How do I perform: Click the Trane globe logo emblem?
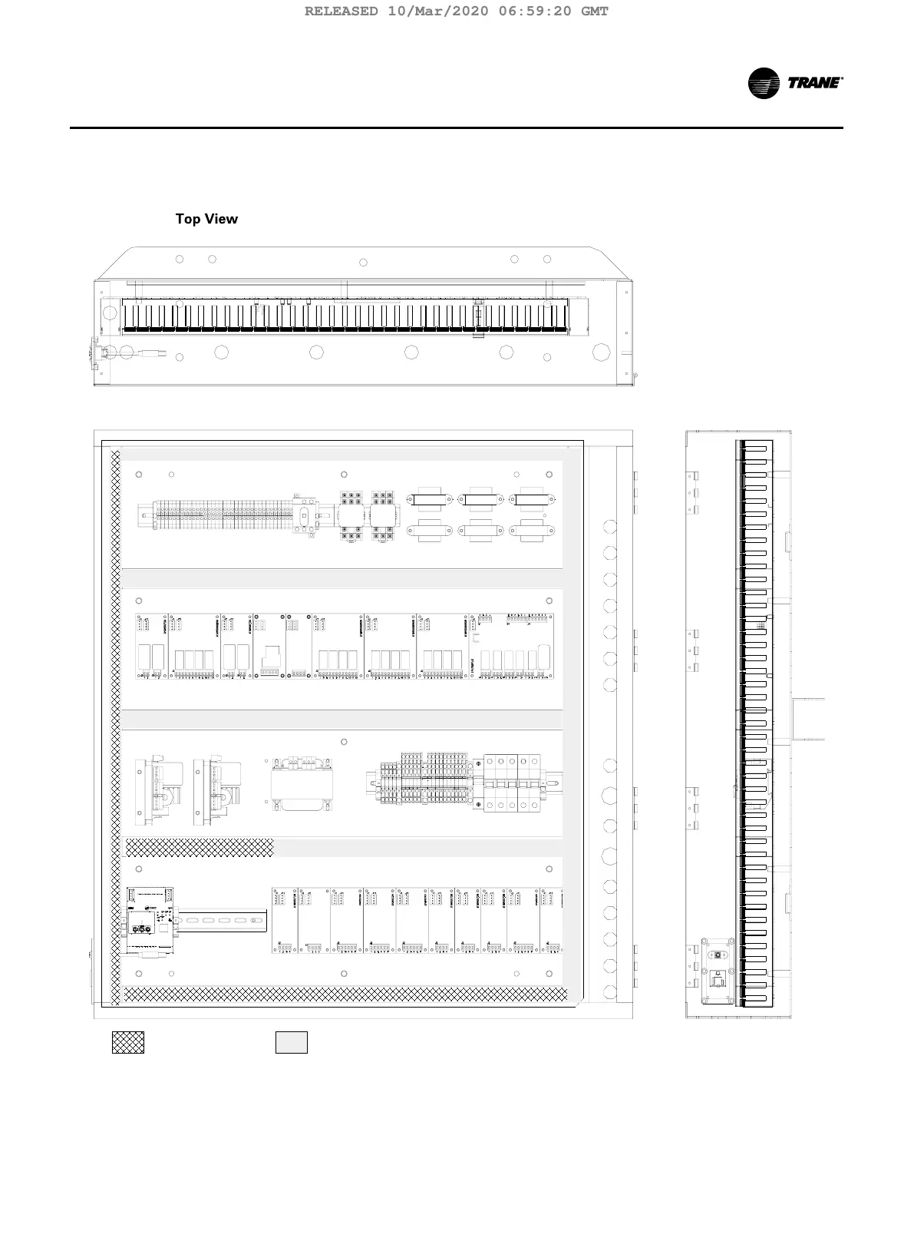tap(764, 83)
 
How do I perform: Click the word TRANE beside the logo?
tap(814, 83)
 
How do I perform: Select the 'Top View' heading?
tap(206, 219)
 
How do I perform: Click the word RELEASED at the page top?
tap(342, 11)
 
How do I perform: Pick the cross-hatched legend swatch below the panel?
tap(128, 1042)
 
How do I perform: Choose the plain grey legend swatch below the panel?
tap(292, 1042)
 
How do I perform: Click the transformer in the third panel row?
tap(301, 784)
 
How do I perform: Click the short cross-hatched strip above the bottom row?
tap(200, 848)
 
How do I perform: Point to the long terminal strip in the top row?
tap(223, 515)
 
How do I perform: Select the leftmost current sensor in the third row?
tap(158, 792)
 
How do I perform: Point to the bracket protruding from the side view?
tap(808, 719)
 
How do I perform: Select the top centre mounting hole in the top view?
tap(363, 263)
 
